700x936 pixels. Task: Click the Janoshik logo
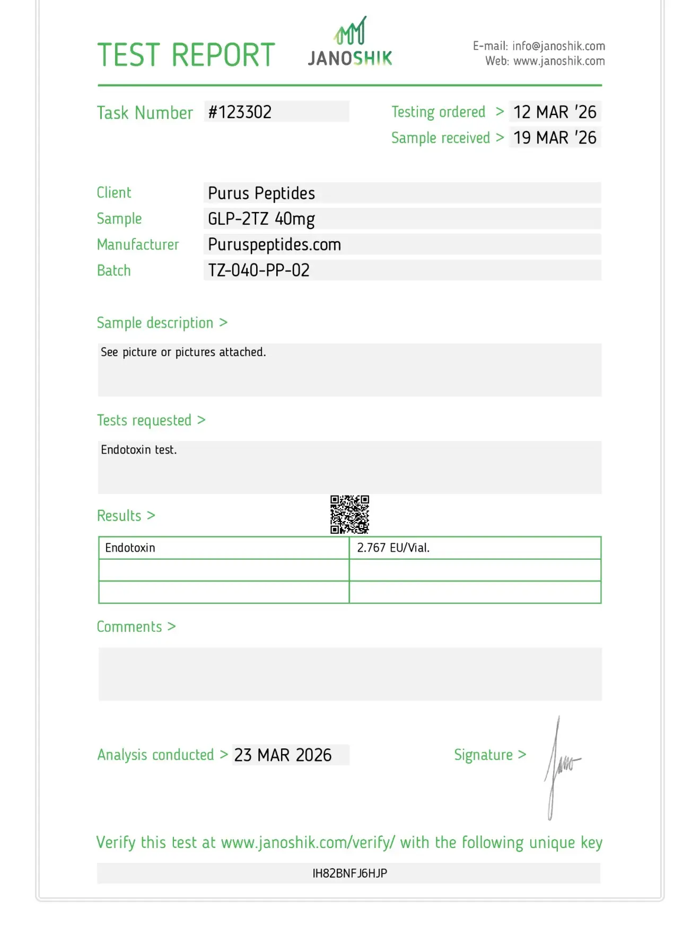pyautogui.click(x=350, y=42)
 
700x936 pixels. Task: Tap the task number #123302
pyautogui.click(x=240, y=112)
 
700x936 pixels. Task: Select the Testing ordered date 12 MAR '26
pyautogui.click(x=555, y=112)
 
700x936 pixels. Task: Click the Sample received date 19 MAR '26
pyautogui.click(x=555, y=138)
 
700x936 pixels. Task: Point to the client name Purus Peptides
pyautogui.click(x=261, y=193)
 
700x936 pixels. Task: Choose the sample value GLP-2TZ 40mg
pyautogui.click(x=261, y=219)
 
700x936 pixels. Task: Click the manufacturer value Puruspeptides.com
pyautogui.click(x=274, y=244)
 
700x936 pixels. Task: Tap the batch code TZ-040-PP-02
pyautogui.click(x=259, y=270)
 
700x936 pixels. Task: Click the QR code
pyautogui.click(x=349, y=514)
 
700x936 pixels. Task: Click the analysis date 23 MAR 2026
pyautogui.click(x=283, y=755)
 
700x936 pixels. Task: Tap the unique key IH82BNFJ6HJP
pyautogui.click(x=349, y=873)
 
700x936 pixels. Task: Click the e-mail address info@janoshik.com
pyautogui.click(x=558, y=46)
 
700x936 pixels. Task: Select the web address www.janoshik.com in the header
pyautogui.click(x=559, y=61)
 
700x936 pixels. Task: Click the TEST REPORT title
pyautogui.click(x=186, y=55)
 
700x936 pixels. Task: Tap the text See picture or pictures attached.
pyautogui.click(x=183, y=352)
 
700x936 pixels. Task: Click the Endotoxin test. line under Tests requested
pyautogui.click(x=139, y=450)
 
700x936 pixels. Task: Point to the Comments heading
pyautogui.click(x=129, y=626)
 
